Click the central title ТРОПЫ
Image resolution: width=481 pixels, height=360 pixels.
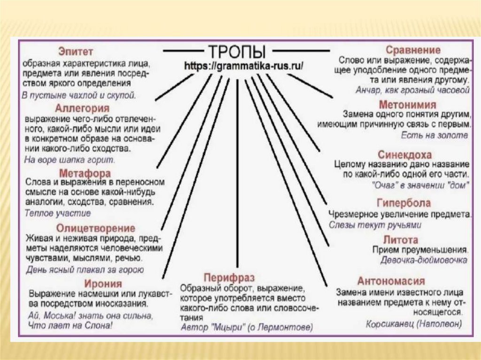(236, 51)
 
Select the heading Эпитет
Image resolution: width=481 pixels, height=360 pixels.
(76, 51)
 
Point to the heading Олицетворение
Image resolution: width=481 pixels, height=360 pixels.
(95, 229)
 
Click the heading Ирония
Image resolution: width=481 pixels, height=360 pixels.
(103, 284)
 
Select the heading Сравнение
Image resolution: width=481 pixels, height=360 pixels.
(413, 50)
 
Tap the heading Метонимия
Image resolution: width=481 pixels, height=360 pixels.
(407, 104)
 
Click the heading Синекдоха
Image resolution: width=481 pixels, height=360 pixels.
(404, 154)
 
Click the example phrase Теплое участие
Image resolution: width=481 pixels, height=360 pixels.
(58, 213)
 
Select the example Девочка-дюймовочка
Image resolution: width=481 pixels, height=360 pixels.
(423, 260)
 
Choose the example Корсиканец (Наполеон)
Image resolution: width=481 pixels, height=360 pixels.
(413, 324)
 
